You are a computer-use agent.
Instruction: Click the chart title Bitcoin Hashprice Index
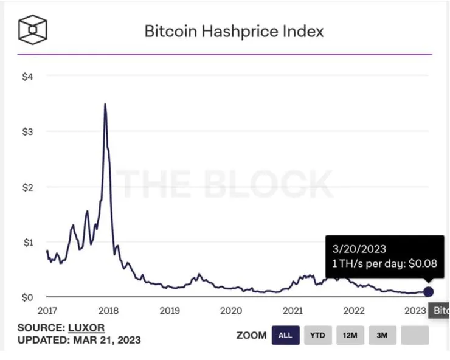coord(234,31)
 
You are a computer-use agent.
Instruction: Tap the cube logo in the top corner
coord(33,29)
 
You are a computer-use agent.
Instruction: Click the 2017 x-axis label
coord(47,311)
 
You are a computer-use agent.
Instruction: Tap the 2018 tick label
coord(108,311)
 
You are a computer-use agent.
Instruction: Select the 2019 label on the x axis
coord(170,311)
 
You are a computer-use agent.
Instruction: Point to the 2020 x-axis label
coord(231,311)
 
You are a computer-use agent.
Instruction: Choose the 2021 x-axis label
coord(292,311)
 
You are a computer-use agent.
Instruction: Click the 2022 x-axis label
coord(354,311)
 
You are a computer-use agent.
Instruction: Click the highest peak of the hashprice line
coord(105,105)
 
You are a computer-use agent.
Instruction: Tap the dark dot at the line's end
coord(428,292)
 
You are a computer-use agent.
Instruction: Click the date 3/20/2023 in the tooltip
coord(359,249)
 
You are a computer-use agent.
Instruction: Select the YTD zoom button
coord(317,335)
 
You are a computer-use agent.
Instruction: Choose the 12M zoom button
coord(350,335)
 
